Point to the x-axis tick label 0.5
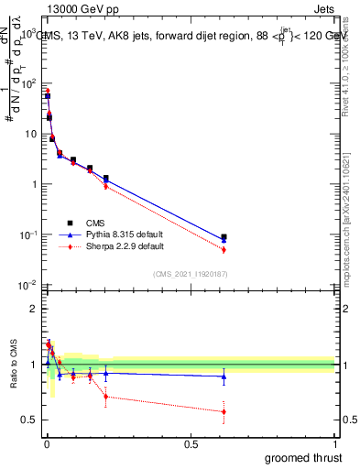tap(191, 443)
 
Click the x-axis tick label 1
tap(335, 443)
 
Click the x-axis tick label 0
tap(46, 443)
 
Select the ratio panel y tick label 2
tap(34, 309)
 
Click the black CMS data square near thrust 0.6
tap(224, 237)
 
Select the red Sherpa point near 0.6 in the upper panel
tap(224, 249)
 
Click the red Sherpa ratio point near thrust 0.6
tap(224, 411)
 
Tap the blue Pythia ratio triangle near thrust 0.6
tap(224, 376)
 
